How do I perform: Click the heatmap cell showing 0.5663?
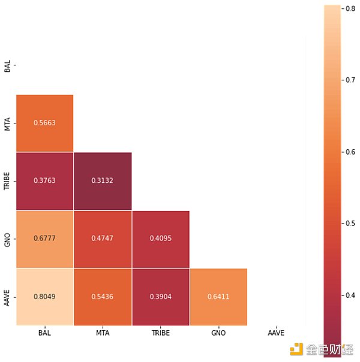click(44, 123)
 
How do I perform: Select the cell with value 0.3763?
click(44, 181)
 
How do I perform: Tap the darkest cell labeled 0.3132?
click(103, 181)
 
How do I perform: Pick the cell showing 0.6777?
click(44, 239)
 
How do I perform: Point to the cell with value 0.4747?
click(103, 239)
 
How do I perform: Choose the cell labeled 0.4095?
click(160, 239)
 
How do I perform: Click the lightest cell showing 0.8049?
click(44, 297)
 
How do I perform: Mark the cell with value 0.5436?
click(103, 297)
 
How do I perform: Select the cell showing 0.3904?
click(160, 297)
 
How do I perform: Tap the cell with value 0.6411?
click(218, 297)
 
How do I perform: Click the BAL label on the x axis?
click(45, 333)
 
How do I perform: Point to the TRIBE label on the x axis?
click(160, 333)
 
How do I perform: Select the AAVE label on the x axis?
click(276, 333)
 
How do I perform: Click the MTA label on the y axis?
click(7, 123)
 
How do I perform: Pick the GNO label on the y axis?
click(7, 239)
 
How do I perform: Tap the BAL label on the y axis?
click(7, 65)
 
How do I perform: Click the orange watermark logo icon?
click(296, 349)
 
